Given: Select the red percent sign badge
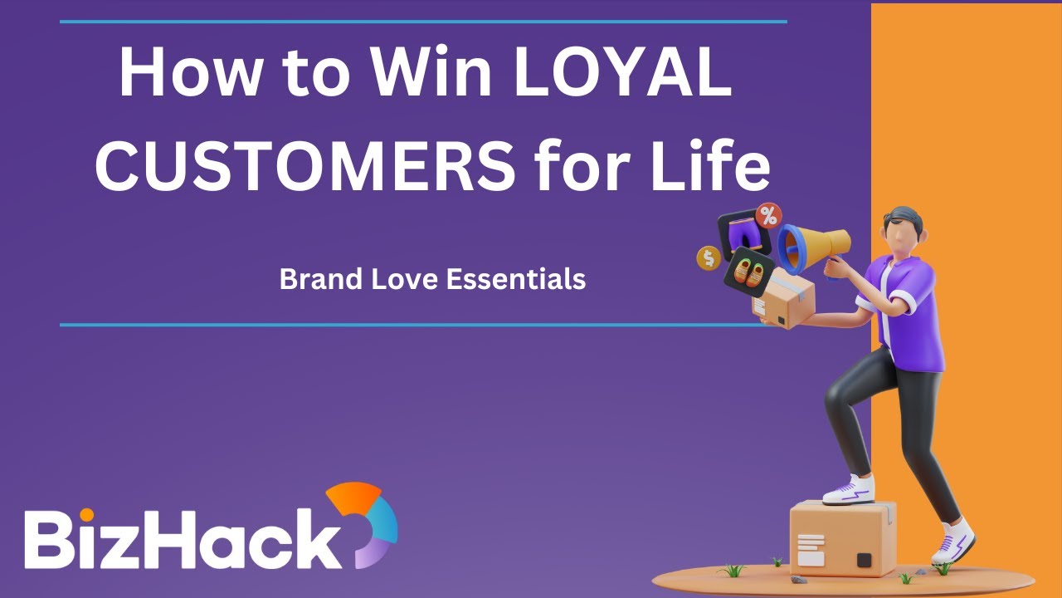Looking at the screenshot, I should pyautogui.click(x=770, y=216).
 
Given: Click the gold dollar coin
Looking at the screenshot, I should pyautogui.click(x=709, y=257).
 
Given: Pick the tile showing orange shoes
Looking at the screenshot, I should pyautogui.click(x=749, y=272).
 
